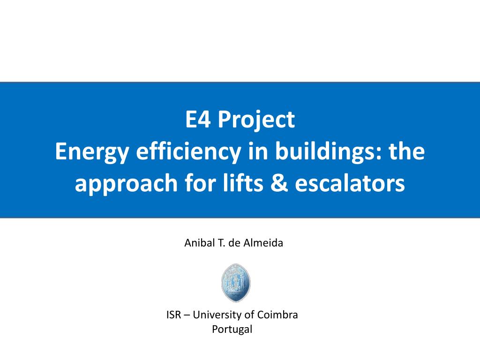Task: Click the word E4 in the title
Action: (x=198, y=119)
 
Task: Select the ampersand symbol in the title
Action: (x=279, y=183)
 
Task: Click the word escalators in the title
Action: (x=350, y=183)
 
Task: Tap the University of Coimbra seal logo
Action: (x=236, y=283)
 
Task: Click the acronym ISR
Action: (x=174, y=315)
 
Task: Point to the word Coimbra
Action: (x=277, y=315)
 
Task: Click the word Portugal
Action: (x=232, y=330)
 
